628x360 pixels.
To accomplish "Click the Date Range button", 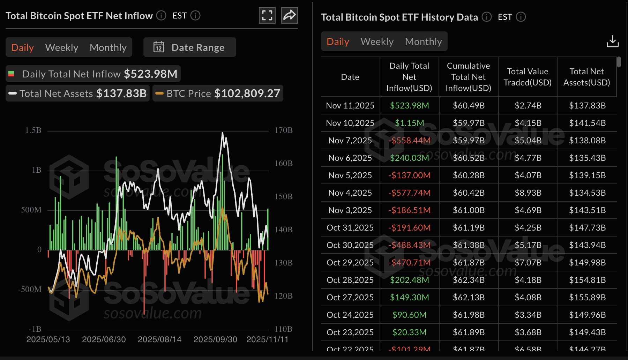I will click(x=189, y=47).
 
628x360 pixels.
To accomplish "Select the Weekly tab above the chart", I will click(x=62, y=47).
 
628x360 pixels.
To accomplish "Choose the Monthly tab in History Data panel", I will click(x=423, y=42).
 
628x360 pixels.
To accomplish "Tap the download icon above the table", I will click(x=612, y=41).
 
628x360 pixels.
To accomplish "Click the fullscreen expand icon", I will click(x=267, y=15).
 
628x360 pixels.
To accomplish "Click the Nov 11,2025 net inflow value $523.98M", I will click(x=409, y=105).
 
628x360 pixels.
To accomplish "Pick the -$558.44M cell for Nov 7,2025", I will click(x=409, y=140).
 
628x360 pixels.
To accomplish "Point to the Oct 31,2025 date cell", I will click(x=350, y=227).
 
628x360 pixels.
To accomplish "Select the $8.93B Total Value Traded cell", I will click(x=528, y=193).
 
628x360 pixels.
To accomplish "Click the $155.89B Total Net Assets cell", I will click(x=587, y=297).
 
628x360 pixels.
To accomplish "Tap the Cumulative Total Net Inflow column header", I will click(x=468, y=77).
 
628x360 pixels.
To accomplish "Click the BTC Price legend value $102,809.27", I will click(x=247, y=93).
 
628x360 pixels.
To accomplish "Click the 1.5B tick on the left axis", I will click(x=33, y=130).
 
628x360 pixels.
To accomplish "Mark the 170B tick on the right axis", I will click(x=283, y=130).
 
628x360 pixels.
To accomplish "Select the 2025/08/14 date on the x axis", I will click(x=159, y=339).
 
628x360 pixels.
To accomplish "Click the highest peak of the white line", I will click(x=223, y=133).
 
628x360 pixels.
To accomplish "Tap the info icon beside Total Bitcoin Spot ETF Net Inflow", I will click(x=161, y=15).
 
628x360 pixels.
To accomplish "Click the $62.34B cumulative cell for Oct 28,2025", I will click(x=469, y=280).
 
